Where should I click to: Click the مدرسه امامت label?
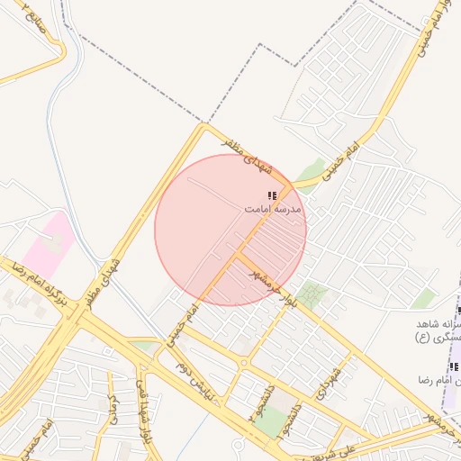[x=275, y=208]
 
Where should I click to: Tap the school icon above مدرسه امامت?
[x=272, y=194]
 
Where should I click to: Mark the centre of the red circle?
[x=230, y=230]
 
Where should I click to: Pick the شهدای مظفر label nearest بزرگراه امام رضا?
[x=104, y=280]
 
